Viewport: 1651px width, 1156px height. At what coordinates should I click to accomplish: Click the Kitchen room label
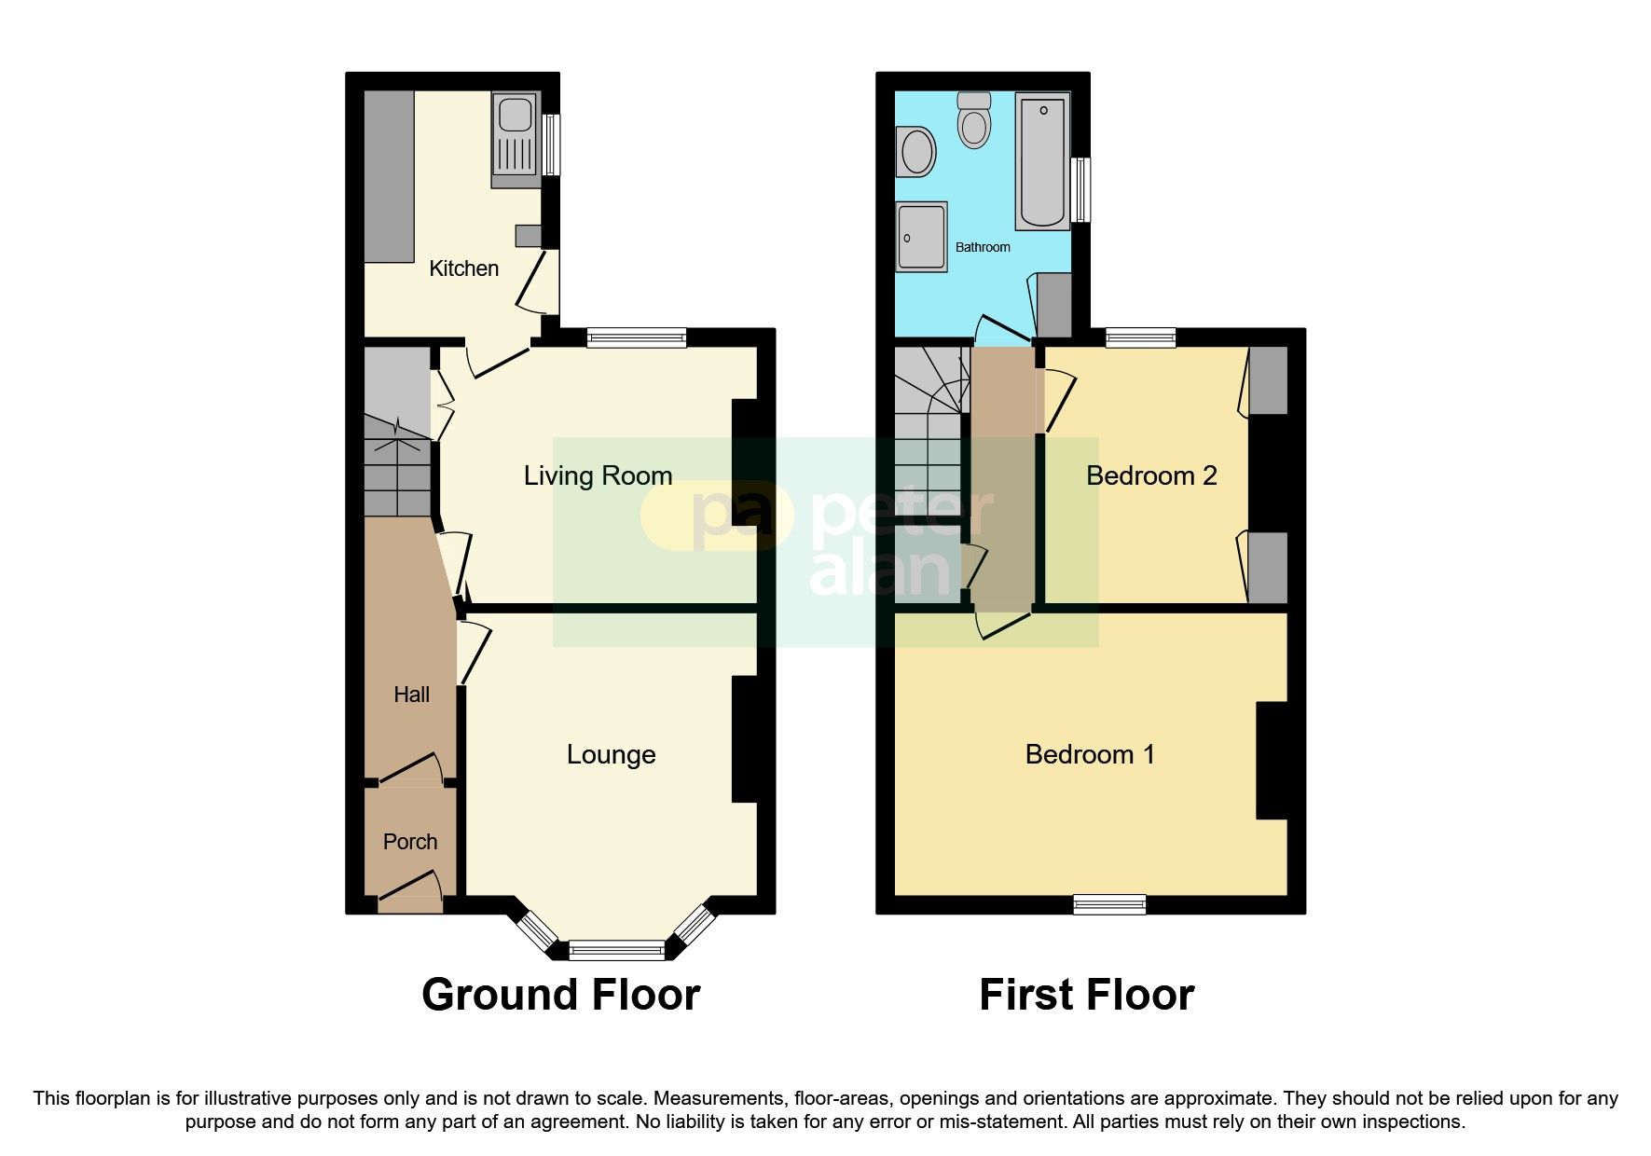(x=463, y=268)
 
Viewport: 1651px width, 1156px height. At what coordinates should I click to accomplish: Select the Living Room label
(x=598, y=475)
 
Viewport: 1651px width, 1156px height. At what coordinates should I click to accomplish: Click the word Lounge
(x=611, y=754)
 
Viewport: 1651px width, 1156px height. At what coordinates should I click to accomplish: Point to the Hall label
(x=411, y=695)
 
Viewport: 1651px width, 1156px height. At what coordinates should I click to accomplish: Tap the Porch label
(x=410, y=842)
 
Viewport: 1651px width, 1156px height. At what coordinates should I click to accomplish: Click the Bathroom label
(x=983, y=247)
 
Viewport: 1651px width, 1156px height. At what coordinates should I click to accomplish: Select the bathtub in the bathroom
(x=1042, y=160)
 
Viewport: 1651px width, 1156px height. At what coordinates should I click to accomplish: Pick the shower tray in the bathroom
(x=921, y=237)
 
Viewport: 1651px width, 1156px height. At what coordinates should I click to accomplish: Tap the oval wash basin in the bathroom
(x=915, y=152)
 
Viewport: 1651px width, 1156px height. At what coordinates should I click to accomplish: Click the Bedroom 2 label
(x=1151, y=475)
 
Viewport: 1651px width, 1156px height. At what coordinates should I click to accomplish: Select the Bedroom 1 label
(x=1090, y=754)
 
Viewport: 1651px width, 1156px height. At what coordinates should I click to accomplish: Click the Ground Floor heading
(x=560, y=995)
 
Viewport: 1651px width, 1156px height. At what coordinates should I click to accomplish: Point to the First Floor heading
(x=1086, y=995)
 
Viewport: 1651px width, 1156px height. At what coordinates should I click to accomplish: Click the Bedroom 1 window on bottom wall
(x=1109, y=903)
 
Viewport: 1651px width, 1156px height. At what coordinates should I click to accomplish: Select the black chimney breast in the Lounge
(x=745, y=738)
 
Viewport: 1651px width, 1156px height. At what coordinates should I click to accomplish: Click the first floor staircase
(x=928, y=429)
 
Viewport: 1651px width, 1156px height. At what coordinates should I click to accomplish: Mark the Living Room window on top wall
(x=637, y=337)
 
